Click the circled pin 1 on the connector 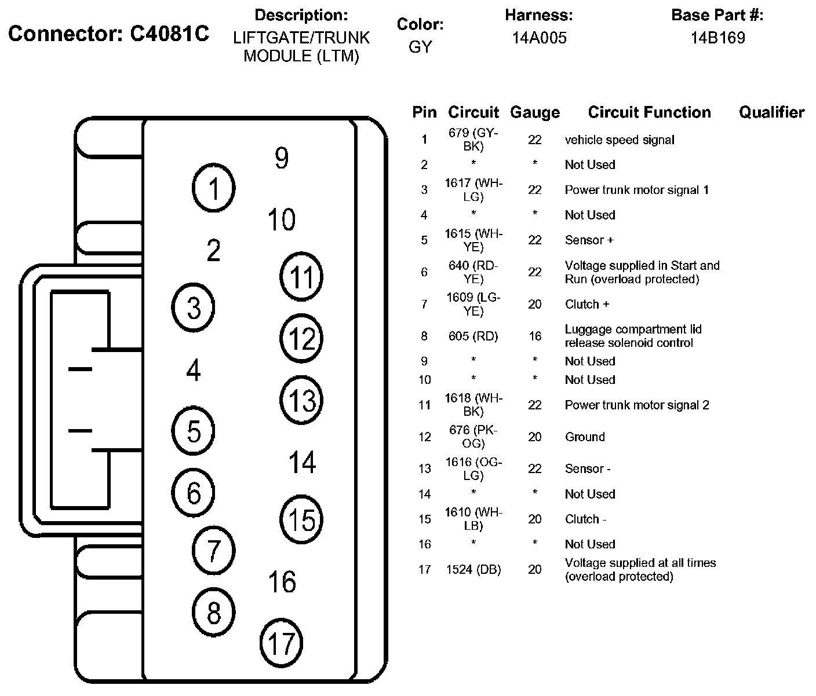[x=213, y=188]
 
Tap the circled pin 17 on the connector [x=282, y=642]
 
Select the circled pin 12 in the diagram [x=301, y=339]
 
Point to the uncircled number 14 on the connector [x=302, y=462]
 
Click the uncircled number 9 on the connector [x=282, y=157]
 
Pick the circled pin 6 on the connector [x=194, y=492]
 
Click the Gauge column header [x=534, y=112]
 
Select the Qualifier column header [x=771, y=112]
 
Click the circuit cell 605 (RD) [x=473, y=336]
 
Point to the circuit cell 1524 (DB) [x=473, y=570]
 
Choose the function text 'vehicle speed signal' [x=620, y=140]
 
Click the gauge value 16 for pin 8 [x=534, y=336]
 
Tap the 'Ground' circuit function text [x=585, y=437]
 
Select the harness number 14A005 [x=539, y=38]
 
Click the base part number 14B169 [x=717, y=38]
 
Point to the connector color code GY [x=420, y=47]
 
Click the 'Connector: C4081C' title [x=108, y=34]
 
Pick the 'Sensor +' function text [x=589, y=240]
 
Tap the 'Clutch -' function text [x=585, y=519]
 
